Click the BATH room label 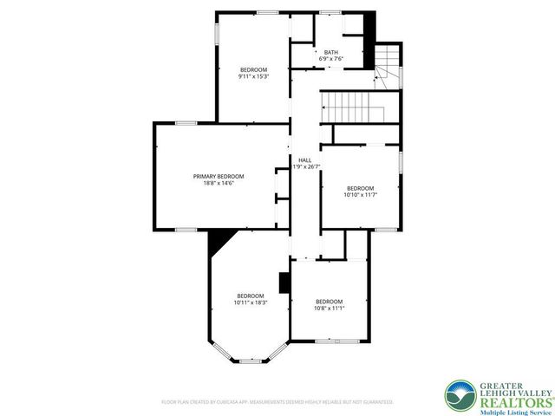(330, 52)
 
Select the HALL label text (304, 160)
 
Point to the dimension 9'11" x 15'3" (253, 76)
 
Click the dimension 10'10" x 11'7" (360, 195)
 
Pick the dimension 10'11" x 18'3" (251, 302)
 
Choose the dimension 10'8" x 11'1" (330, 308)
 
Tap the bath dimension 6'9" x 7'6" (330, 59)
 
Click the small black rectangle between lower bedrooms (283, 283)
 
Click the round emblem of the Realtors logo (459, 395)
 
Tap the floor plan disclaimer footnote (277, 402)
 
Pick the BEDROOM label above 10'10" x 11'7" (360, 188)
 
